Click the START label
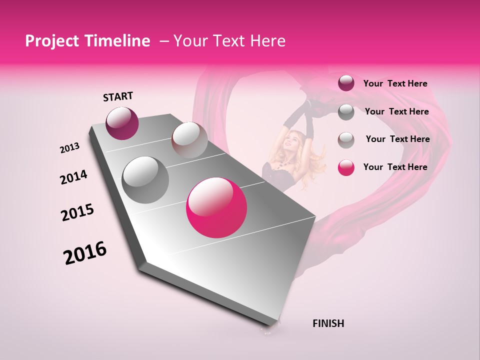tap(118, 96)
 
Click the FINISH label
tap(328, 323)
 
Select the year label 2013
tap(70, 148)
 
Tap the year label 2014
tap(73, 177)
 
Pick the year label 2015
tap(77, 212)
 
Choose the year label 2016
tap(85, 253)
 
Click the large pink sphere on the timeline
tap(216, 207)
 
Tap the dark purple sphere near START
tap(122, 123)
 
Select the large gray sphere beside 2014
tap(145, 179)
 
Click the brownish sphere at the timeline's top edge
tap(189, 140)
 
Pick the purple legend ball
tap(346, 83)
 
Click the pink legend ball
tap(346, 167)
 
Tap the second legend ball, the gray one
tap(346, 112)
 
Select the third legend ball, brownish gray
tap(346, 140)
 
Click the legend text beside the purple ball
tap(395, 83)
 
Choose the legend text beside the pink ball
tap(395, 167)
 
